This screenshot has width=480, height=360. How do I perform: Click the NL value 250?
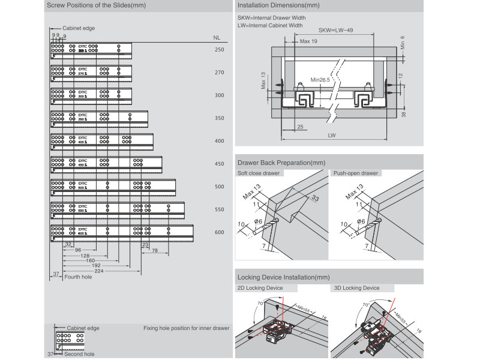[x=219, y=50]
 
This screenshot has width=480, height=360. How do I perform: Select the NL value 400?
[x=219, y=141]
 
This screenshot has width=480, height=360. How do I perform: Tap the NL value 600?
[x=219, y=232]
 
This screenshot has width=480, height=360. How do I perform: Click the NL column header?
[x=217, y=37]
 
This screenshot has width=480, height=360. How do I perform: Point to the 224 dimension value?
[x=99, y=271]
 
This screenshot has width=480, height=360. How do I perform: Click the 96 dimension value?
[x=78, y=250]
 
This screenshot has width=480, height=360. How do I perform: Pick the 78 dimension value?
[x=154, y=250]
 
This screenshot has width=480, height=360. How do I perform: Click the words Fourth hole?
[x=78, y=277]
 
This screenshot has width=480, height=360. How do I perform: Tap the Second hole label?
[x=79, y=355]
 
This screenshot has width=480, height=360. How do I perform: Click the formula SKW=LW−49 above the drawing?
[x=336, y=29]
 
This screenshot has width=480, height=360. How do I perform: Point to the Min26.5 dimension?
[x=322, y=79]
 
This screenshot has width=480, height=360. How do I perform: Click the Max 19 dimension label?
[x=308, y=41]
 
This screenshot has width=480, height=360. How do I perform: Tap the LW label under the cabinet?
[x=332, y=136]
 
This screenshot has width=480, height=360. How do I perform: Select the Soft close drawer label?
[x=259, y=173]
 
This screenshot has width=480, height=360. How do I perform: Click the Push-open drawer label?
[x=356, y=173]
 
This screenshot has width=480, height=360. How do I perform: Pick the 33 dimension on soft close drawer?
[x=315, y=199]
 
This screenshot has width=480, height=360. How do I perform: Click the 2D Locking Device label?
[x=260, y=288]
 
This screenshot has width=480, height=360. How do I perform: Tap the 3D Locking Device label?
[x=356, y=288]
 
